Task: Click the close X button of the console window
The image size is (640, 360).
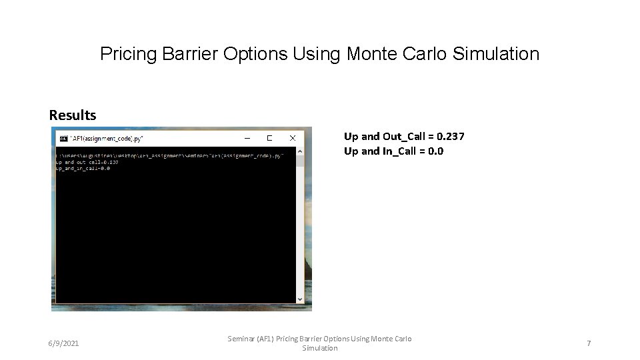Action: (x=291, y=139)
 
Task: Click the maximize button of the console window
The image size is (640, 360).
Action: (x=269, y=139)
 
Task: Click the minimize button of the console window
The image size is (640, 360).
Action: (x=247, y=139)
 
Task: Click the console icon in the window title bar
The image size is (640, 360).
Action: (x=63, y=139)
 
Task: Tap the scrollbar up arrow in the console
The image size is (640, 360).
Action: (x=299, y=151)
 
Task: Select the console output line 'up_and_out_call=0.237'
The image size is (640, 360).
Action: (x=87, y=161)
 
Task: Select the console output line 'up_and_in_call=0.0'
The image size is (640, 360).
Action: (x=83, y=168)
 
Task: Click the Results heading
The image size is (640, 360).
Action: (x=73, y=115)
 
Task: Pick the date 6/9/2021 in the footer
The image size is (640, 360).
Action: (x=63, y=343)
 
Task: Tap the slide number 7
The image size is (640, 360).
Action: (x=589, y=343)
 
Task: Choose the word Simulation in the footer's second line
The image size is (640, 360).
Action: (x=320, y=349)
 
